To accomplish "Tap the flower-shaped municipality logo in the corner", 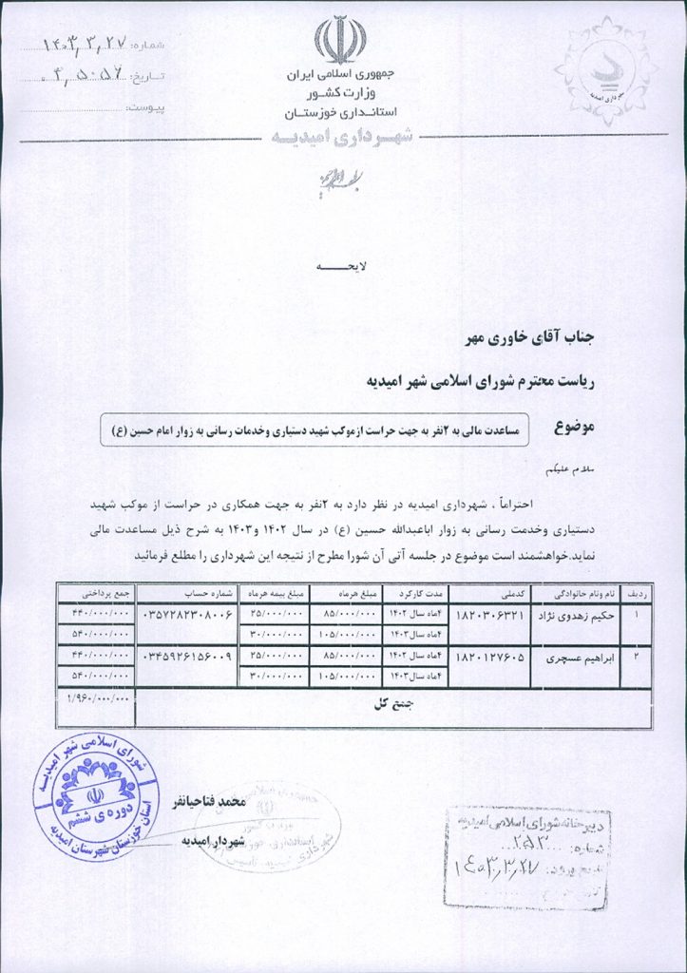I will [604, 66].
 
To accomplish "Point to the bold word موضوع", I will [572, 429].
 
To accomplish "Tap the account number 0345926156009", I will [186, 657].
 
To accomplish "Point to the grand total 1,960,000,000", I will [97, 698].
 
